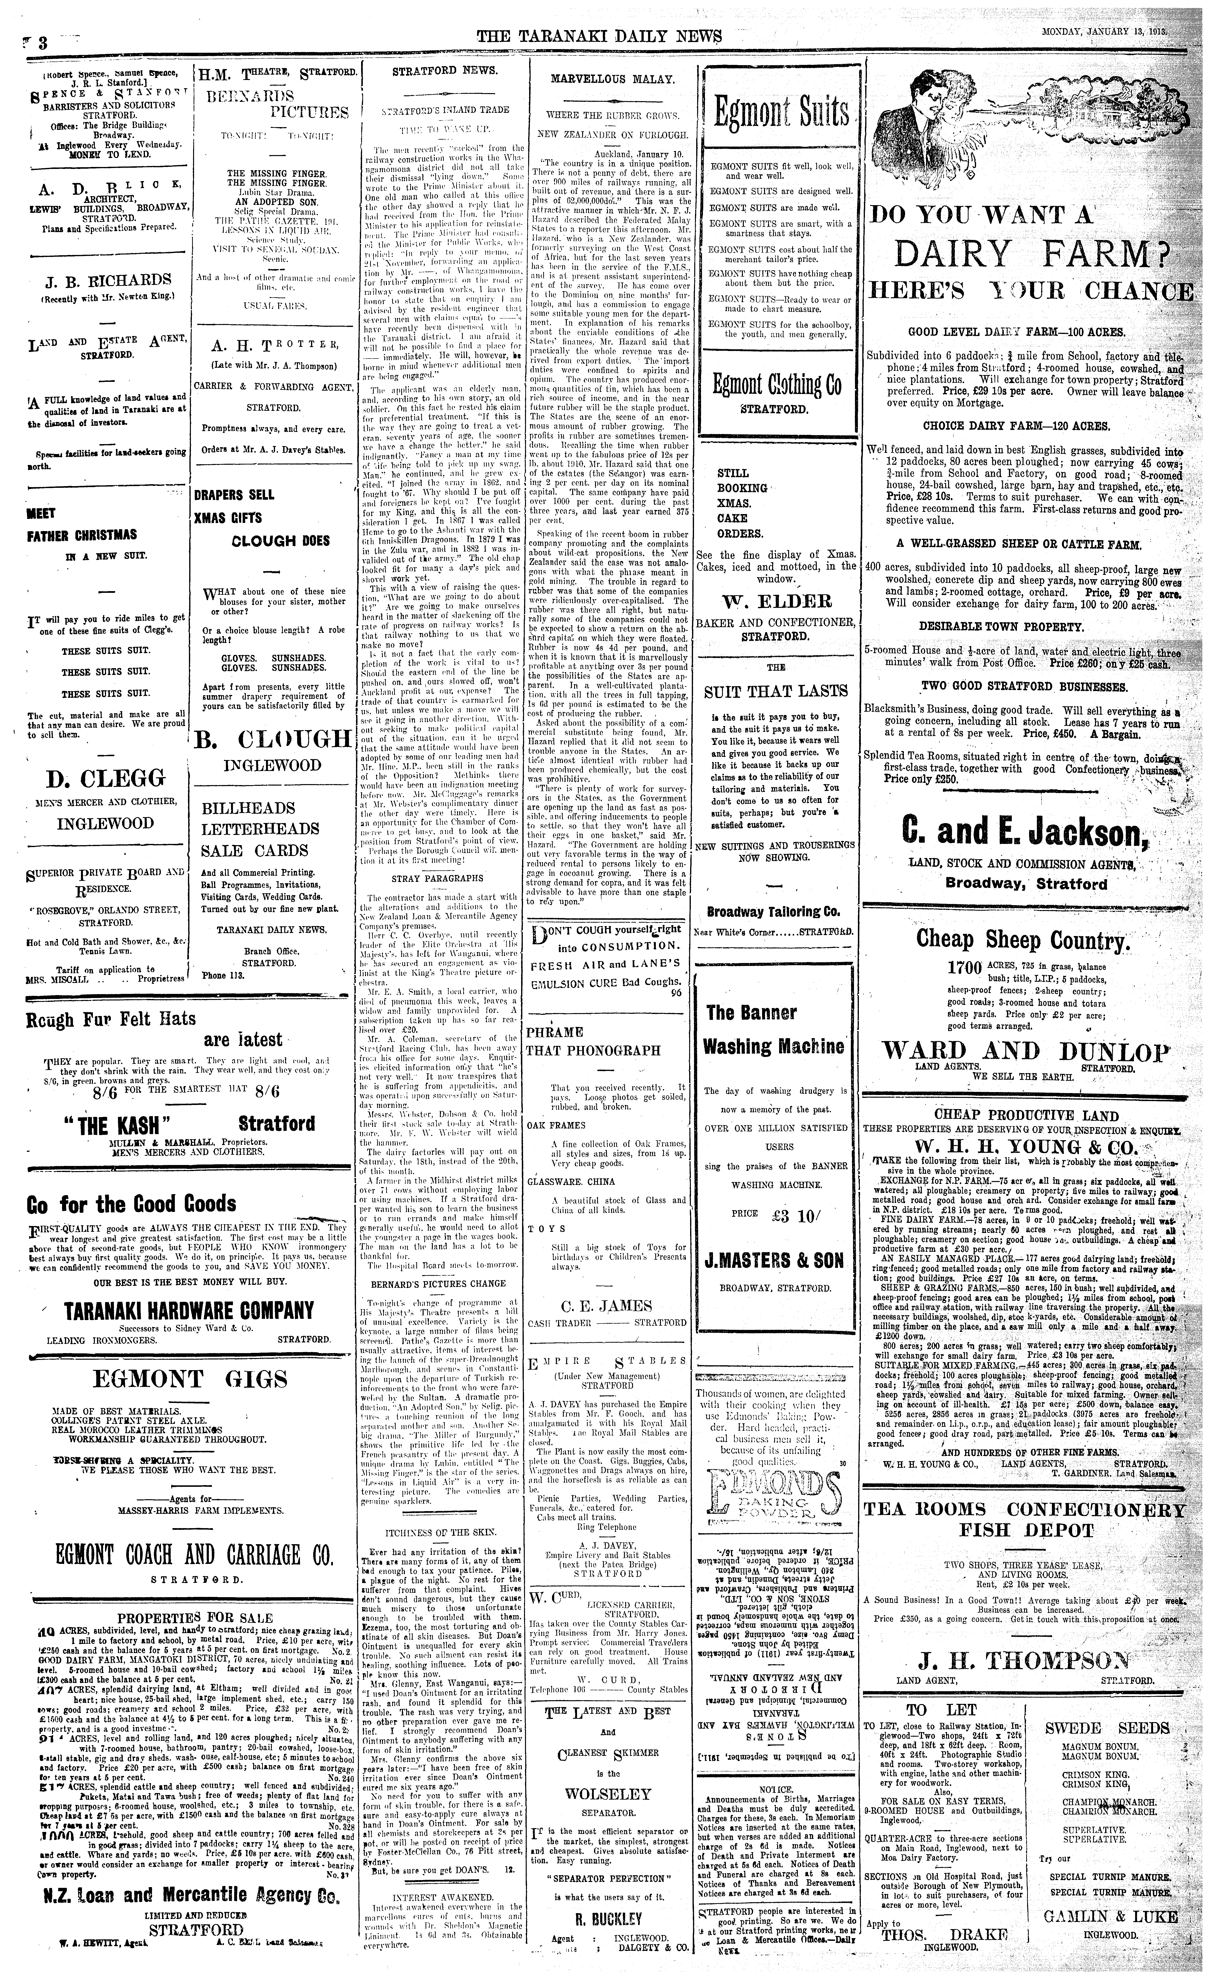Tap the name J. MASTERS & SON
tap(774, 1260)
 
